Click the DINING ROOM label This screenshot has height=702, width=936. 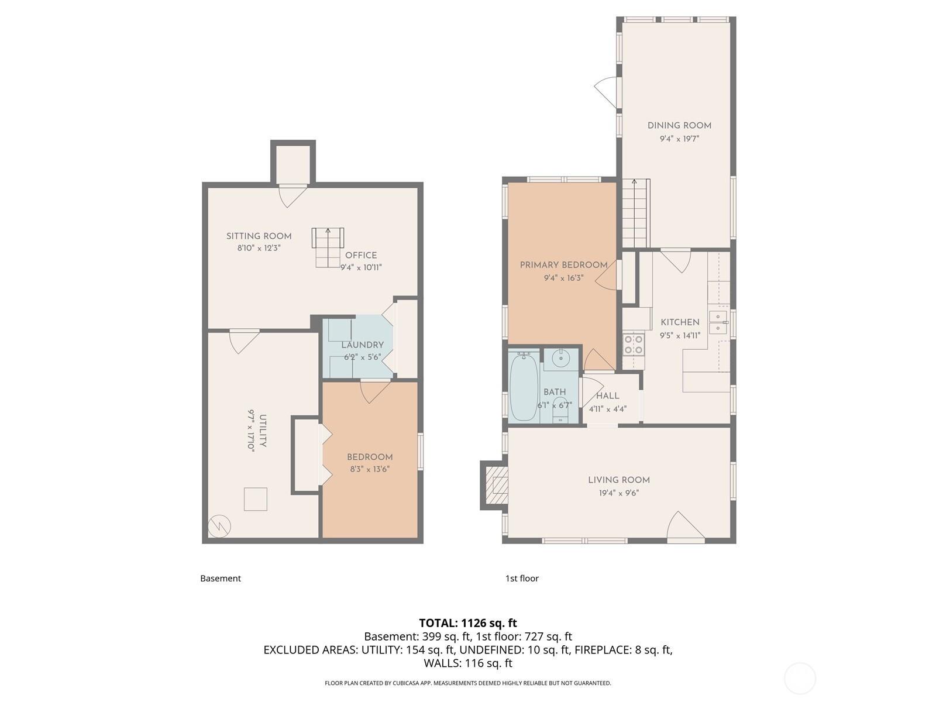(x=679, y=125)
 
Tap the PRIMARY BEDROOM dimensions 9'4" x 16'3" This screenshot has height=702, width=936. (x=564, y=278)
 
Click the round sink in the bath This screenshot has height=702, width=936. (x=560, y=359)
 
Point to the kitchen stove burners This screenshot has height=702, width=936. (x=634, y=345)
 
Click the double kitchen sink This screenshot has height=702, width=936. (x=718, y=322)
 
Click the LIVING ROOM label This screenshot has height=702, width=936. (x=619, y=480)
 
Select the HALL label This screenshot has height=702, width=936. (x=608, y=396)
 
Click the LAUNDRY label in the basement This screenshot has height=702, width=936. (x=363, y=345)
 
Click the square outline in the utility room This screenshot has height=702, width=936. (x=256, y=499)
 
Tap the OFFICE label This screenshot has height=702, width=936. (x=361, y=255)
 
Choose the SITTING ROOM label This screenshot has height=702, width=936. (x=259, y=236)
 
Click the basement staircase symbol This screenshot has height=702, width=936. (x=328, y=247)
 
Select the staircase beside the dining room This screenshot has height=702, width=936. (x=635, y=213)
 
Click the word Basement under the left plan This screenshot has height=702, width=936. (x=221, y=579)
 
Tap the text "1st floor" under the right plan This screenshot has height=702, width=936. (x=522, y=579)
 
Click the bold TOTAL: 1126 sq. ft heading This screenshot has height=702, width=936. (x=468, y=623)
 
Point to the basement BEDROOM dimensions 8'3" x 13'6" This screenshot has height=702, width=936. (x=369, y=469)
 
